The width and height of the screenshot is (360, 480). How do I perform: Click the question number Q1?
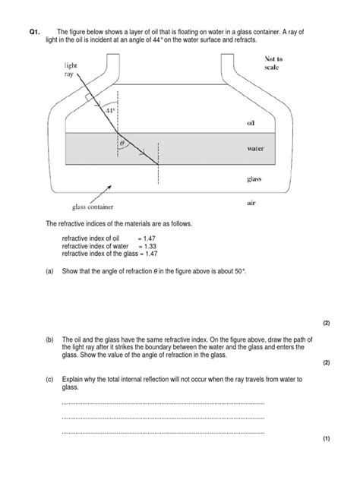[33, 31]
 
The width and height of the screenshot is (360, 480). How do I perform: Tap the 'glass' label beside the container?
[254, 179]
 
